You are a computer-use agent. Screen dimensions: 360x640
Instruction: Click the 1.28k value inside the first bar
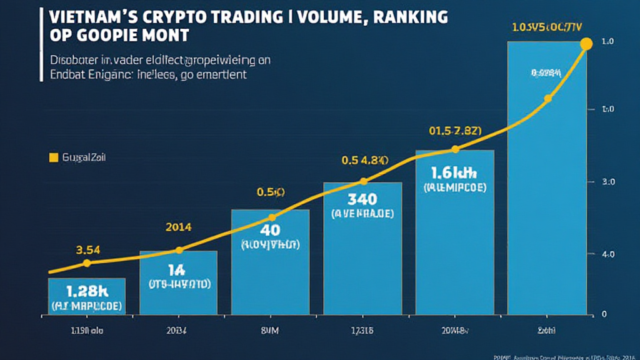pyautogui.click(x=86, y=291)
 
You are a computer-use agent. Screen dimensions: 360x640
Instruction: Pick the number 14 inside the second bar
pyautogui.click(x=178, y=270)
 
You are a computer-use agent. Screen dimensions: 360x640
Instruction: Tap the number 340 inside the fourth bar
pyautogui.click(x=362, y=199)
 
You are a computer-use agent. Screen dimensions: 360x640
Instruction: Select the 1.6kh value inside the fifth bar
pyautogui.click(x=454, y=172)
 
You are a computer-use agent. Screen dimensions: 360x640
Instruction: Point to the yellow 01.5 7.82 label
pyautogui.click(x=455, y=131)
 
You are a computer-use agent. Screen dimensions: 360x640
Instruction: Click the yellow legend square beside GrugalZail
pyautogui.click(x=53, y=158)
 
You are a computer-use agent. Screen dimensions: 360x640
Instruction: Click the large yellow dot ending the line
pyautogui.click(x=586, y=44)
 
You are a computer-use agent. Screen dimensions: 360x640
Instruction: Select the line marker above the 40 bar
pyautogui.click(x=271, y=217)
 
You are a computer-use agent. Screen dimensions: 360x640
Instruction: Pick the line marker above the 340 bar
pyautogui.click(x=363, y=181)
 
